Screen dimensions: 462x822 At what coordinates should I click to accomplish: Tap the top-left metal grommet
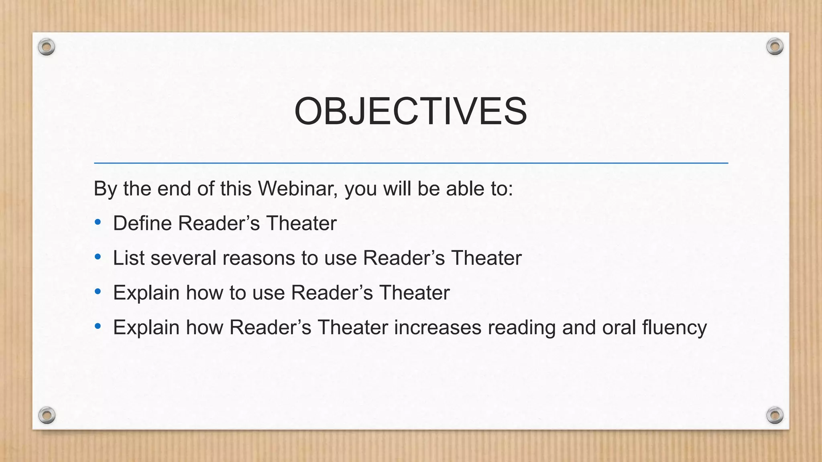click(47, 47)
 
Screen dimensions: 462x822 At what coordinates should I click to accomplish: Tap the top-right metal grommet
click(775, 47)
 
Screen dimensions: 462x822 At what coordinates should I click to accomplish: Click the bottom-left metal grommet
click(47, 415)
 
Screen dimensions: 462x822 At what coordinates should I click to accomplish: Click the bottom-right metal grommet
click(775, 415)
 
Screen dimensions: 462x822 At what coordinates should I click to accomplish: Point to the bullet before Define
click(98, 222)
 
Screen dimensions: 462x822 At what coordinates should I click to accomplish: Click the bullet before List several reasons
click(98, 257)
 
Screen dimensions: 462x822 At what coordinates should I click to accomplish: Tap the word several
click(183, 258)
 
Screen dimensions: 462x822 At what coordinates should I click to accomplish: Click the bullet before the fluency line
click(98, 326)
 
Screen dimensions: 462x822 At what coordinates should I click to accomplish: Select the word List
click(128, 258)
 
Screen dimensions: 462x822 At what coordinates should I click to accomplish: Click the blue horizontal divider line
click(411, 163)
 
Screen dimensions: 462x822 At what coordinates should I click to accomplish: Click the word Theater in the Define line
click(301, 223)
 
